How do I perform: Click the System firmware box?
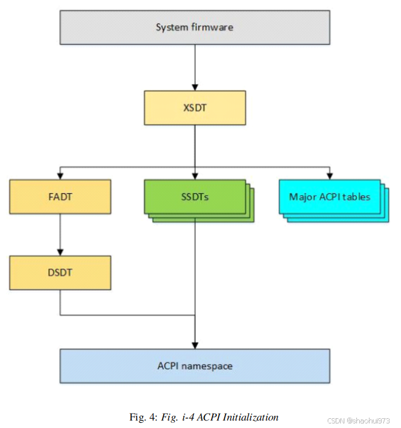click(195, 27)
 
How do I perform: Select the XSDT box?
click(195, 107)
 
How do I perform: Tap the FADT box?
click(60, 197)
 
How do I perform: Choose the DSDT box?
click(60, 273)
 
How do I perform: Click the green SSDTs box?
click(195, 197)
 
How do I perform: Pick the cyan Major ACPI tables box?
click(329, 197)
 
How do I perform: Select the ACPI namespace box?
click(195, 365)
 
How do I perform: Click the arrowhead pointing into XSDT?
click(195, 87)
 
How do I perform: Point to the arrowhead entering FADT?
click(60, 176)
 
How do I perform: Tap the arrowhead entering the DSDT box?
click(60, 252)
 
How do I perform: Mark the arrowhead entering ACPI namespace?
click(195, 345)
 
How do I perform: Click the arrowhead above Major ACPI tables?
click(329, 176)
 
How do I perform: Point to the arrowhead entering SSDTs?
click(195, 176)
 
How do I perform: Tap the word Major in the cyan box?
click(302, 197)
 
